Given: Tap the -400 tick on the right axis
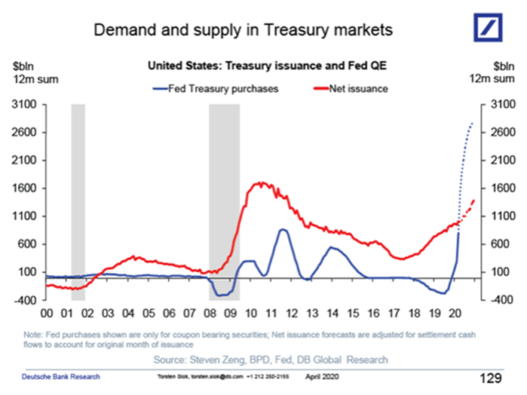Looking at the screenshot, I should pos(502,300).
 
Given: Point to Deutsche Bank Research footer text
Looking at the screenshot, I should pos(60,375).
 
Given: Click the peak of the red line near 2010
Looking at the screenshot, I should pos(261,182).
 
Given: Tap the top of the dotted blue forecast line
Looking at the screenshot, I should pos(472,123).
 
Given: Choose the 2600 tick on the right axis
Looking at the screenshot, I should pos(502,133).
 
